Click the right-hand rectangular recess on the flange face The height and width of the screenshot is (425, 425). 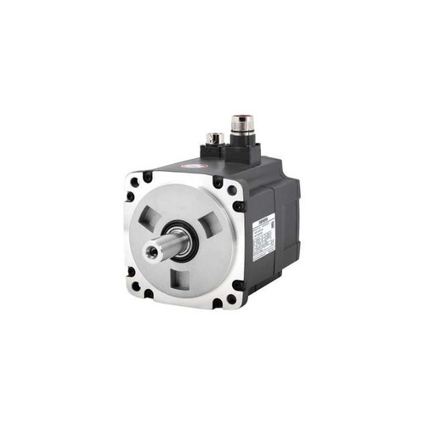208,227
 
